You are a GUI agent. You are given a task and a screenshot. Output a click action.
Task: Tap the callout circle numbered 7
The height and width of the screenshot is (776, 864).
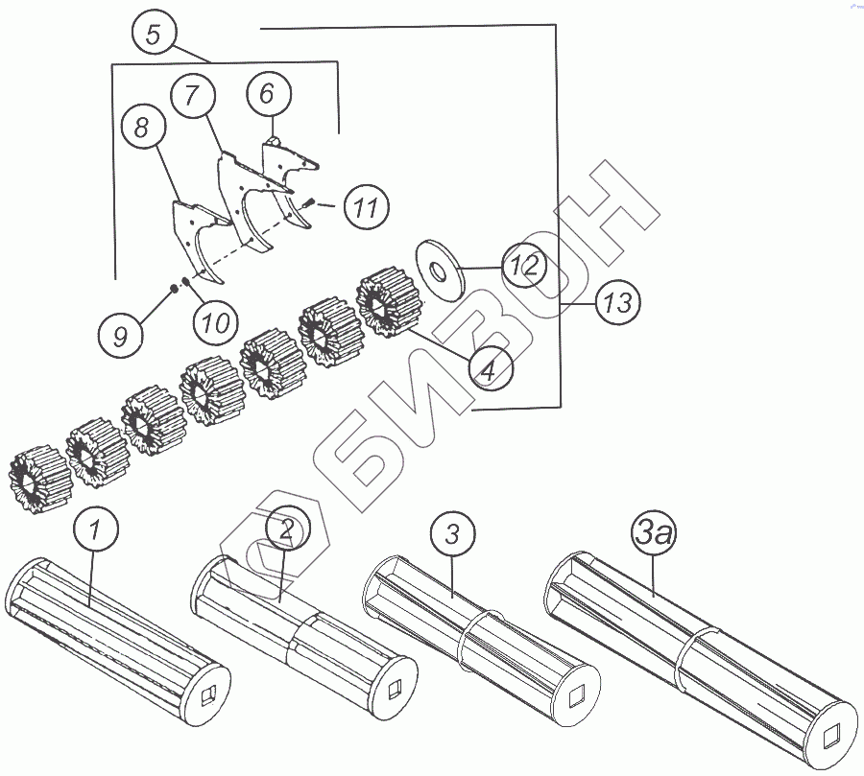[x=193, y=95]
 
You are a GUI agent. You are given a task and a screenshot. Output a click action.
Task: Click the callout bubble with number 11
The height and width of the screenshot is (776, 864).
[x=366, y=207]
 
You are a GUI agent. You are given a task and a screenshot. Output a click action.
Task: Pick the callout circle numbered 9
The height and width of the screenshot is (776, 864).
[x=121, y=335]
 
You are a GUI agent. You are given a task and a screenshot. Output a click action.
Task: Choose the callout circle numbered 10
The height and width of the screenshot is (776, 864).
[x=216, y=321]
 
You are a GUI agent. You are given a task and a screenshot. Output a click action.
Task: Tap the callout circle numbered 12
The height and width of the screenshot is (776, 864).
[x=524, y=265]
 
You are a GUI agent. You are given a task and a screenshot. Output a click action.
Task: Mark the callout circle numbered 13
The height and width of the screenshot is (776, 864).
[x=617, y=302]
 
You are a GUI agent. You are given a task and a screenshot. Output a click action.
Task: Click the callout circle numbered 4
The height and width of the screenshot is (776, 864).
[x=491, y=369]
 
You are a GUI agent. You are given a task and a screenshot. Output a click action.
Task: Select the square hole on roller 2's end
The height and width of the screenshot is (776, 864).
[x=396, y=689]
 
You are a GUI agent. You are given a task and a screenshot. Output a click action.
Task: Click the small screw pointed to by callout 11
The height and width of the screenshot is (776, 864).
[x=308, y=202]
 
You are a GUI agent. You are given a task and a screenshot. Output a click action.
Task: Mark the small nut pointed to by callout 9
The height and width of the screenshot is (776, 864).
[x=173, y=288]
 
